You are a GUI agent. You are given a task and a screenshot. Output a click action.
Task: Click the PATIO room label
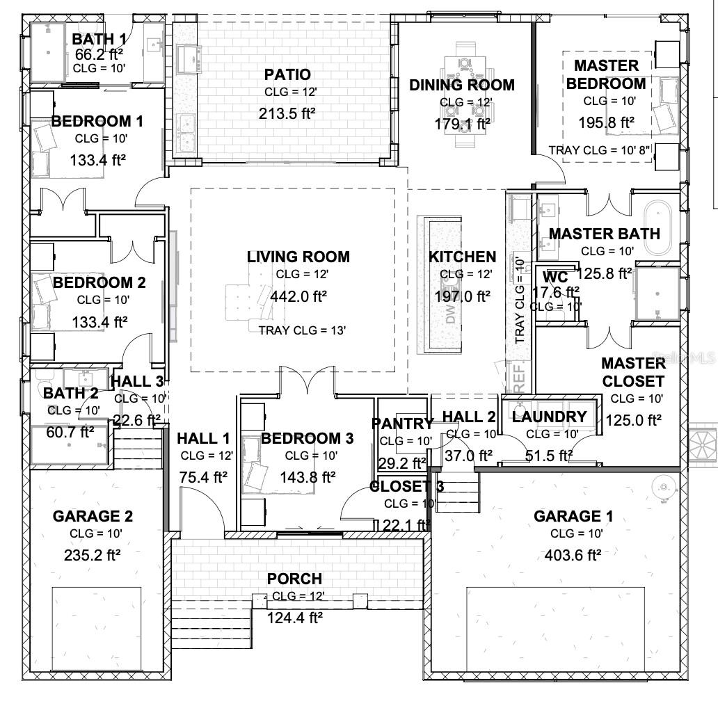click(x=287, y=74)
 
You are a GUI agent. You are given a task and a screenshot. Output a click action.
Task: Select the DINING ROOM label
click(x=462, y=85)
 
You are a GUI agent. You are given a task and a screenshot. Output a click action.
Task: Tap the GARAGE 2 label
click(x=93, y=516)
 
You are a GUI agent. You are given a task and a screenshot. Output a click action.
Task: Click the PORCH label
click(x=294, y=579)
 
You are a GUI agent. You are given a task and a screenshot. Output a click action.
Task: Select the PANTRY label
click(x=402, y=424)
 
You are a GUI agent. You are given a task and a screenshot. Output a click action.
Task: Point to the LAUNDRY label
click(x=550, y=417)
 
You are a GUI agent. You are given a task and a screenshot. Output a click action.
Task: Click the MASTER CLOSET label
click(x=633, y=372)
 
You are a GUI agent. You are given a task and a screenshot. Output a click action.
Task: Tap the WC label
click(x=556, y=277)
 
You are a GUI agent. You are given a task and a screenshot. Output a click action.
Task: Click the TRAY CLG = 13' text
click(x=302, y=330)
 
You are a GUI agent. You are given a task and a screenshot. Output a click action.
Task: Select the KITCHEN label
click(x=463, y=257)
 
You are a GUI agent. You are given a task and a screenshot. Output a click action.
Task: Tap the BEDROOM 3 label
click(x=307, y=438)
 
